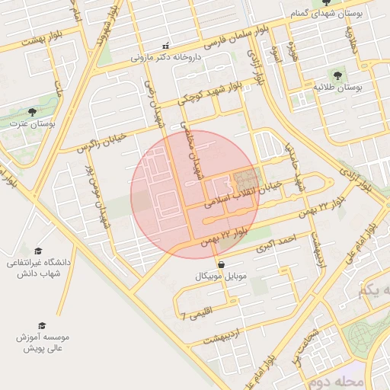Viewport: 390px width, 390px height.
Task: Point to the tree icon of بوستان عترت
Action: [32, 112]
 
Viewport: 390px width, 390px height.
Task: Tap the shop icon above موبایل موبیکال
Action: [221, 264]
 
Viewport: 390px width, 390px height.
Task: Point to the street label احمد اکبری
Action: [274, 244]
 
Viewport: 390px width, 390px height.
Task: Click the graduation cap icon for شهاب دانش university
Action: [38, 251]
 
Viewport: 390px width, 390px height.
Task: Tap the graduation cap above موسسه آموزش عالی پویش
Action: [42, 325]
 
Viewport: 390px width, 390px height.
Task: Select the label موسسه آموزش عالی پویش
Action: [44, 342]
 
